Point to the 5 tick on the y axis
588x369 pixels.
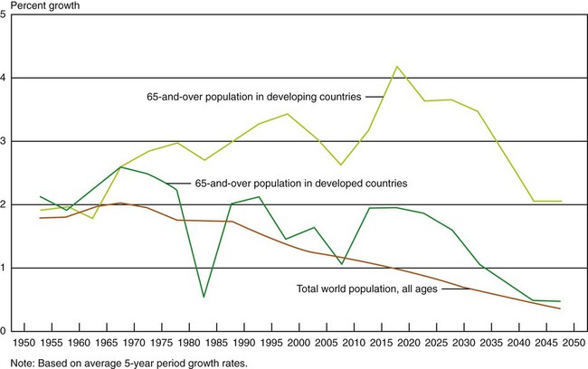coord(5,15)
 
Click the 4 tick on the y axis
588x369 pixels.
coord(5,78)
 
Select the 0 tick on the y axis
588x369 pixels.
coord(5,331)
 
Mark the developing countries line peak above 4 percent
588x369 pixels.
coord(395,66)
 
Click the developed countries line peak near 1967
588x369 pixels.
coord(120,167)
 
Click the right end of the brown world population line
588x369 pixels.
coord(560,309)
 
